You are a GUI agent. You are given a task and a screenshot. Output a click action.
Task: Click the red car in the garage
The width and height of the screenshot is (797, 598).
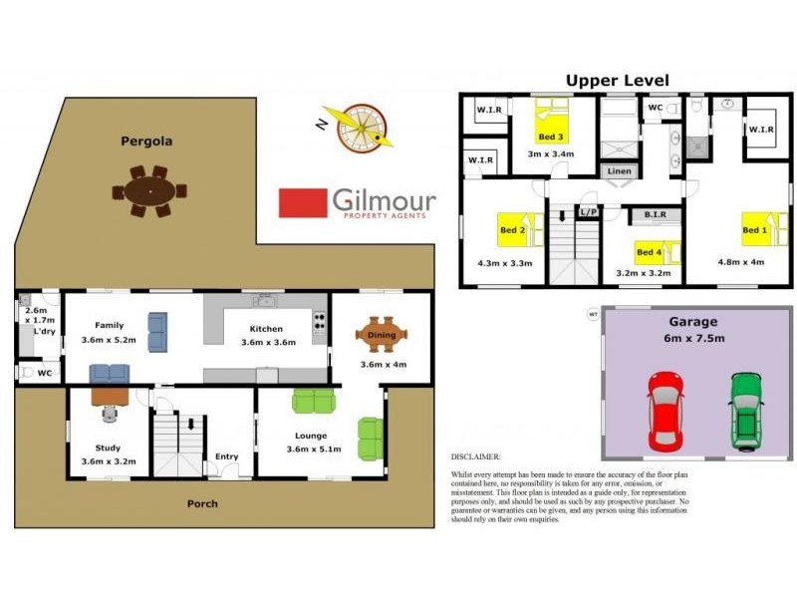click(x=664, y=411)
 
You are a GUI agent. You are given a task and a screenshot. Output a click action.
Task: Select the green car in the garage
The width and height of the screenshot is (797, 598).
click(x=745, y=411)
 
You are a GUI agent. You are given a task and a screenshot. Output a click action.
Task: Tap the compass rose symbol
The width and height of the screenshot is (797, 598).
click(x=357, y=130)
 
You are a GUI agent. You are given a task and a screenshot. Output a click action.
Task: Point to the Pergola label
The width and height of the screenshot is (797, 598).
click(x=146, y=142)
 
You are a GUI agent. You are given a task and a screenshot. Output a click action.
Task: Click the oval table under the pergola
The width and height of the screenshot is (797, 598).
click(x=149, y=190)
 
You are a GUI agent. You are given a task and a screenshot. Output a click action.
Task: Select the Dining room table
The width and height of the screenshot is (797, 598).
click(x=382, y=335)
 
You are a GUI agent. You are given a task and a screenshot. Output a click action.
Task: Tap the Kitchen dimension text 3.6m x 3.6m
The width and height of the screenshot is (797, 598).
click(x=267, y=343)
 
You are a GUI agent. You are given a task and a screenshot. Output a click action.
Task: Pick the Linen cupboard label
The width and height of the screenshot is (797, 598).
click(x=619, y=171)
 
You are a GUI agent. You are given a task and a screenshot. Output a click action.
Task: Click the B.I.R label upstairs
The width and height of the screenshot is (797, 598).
click(x=655, y=214)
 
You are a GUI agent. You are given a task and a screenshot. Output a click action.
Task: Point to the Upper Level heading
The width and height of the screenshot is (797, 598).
click(x=618, y=80)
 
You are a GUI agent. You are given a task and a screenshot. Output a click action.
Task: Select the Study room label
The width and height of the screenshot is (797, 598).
click(x=108, y=448)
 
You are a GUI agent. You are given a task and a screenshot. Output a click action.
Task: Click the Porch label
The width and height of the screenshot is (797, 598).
click(x=202, y=503)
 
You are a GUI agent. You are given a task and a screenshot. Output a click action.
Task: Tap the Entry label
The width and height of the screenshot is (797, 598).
click(x=227, y=457)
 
